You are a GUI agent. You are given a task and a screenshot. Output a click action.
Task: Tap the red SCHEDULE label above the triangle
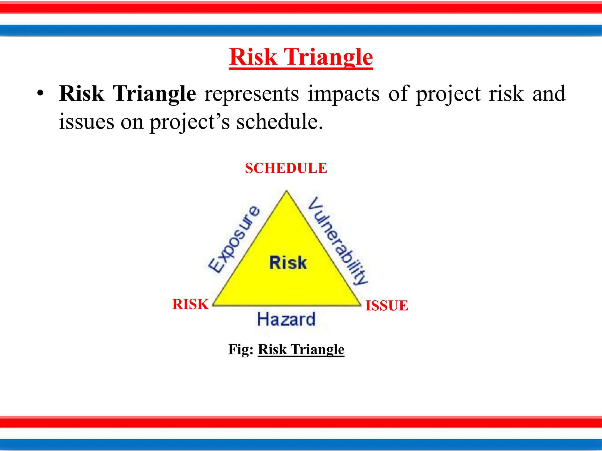click(x=286, y=168)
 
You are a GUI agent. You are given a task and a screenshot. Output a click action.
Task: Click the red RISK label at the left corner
click(x=190, y=304)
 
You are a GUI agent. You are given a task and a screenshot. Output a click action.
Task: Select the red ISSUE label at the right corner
click(x=387, y=306)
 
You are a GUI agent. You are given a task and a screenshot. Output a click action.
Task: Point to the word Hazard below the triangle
click(x=286, y=319)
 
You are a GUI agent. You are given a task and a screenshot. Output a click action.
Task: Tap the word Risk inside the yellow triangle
click(x=288, y=262)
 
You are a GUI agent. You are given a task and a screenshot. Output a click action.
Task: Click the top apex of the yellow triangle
click(x=287, y=192)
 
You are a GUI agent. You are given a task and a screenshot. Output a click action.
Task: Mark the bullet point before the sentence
click(x=40, y=94)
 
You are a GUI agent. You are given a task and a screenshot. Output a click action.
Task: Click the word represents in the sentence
click(x=252, y=94)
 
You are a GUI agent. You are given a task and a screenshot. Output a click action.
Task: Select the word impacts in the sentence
click(x=344, y=94)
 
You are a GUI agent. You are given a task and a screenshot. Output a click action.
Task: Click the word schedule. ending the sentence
click(x=280, y=122)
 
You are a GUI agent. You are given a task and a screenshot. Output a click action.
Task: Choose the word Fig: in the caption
click(x=241, y=349)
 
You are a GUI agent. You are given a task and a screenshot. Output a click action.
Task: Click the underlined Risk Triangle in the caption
click(x=301, y=349)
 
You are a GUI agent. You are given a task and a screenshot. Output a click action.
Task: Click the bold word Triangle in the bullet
click(x=155, y=94)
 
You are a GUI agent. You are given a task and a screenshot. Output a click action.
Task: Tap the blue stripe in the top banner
click(x=301, y=30)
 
